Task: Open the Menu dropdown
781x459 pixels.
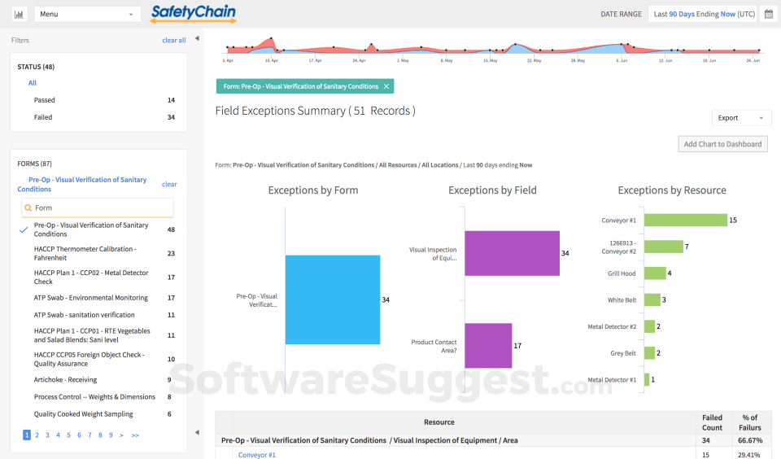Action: coord(88,14)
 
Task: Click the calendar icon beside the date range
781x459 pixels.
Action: coord(768,14)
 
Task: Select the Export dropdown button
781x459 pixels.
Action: coord(741,118)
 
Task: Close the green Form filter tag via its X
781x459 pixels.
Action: coord(386,86)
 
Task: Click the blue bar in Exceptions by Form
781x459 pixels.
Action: coord(332,299)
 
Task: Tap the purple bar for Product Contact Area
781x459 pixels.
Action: coord(488,346)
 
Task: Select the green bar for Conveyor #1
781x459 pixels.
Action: coord(685,220)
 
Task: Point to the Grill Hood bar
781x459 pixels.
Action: coord(655,273)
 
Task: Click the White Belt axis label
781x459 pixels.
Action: coord(622,299)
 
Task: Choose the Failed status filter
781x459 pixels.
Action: coord(43,117)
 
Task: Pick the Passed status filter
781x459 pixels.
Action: coord(45,100)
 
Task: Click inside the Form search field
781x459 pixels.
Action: coord(98,208)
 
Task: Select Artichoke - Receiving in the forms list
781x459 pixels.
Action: coord(65,380)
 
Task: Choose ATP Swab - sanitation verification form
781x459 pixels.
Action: coord(84,315)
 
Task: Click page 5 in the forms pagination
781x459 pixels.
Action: coord(68,435)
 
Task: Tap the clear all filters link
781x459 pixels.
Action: coord(173,40)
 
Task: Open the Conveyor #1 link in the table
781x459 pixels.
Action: coord(257,454)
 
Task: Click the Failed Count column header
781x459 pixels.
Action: coord(712,422)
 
